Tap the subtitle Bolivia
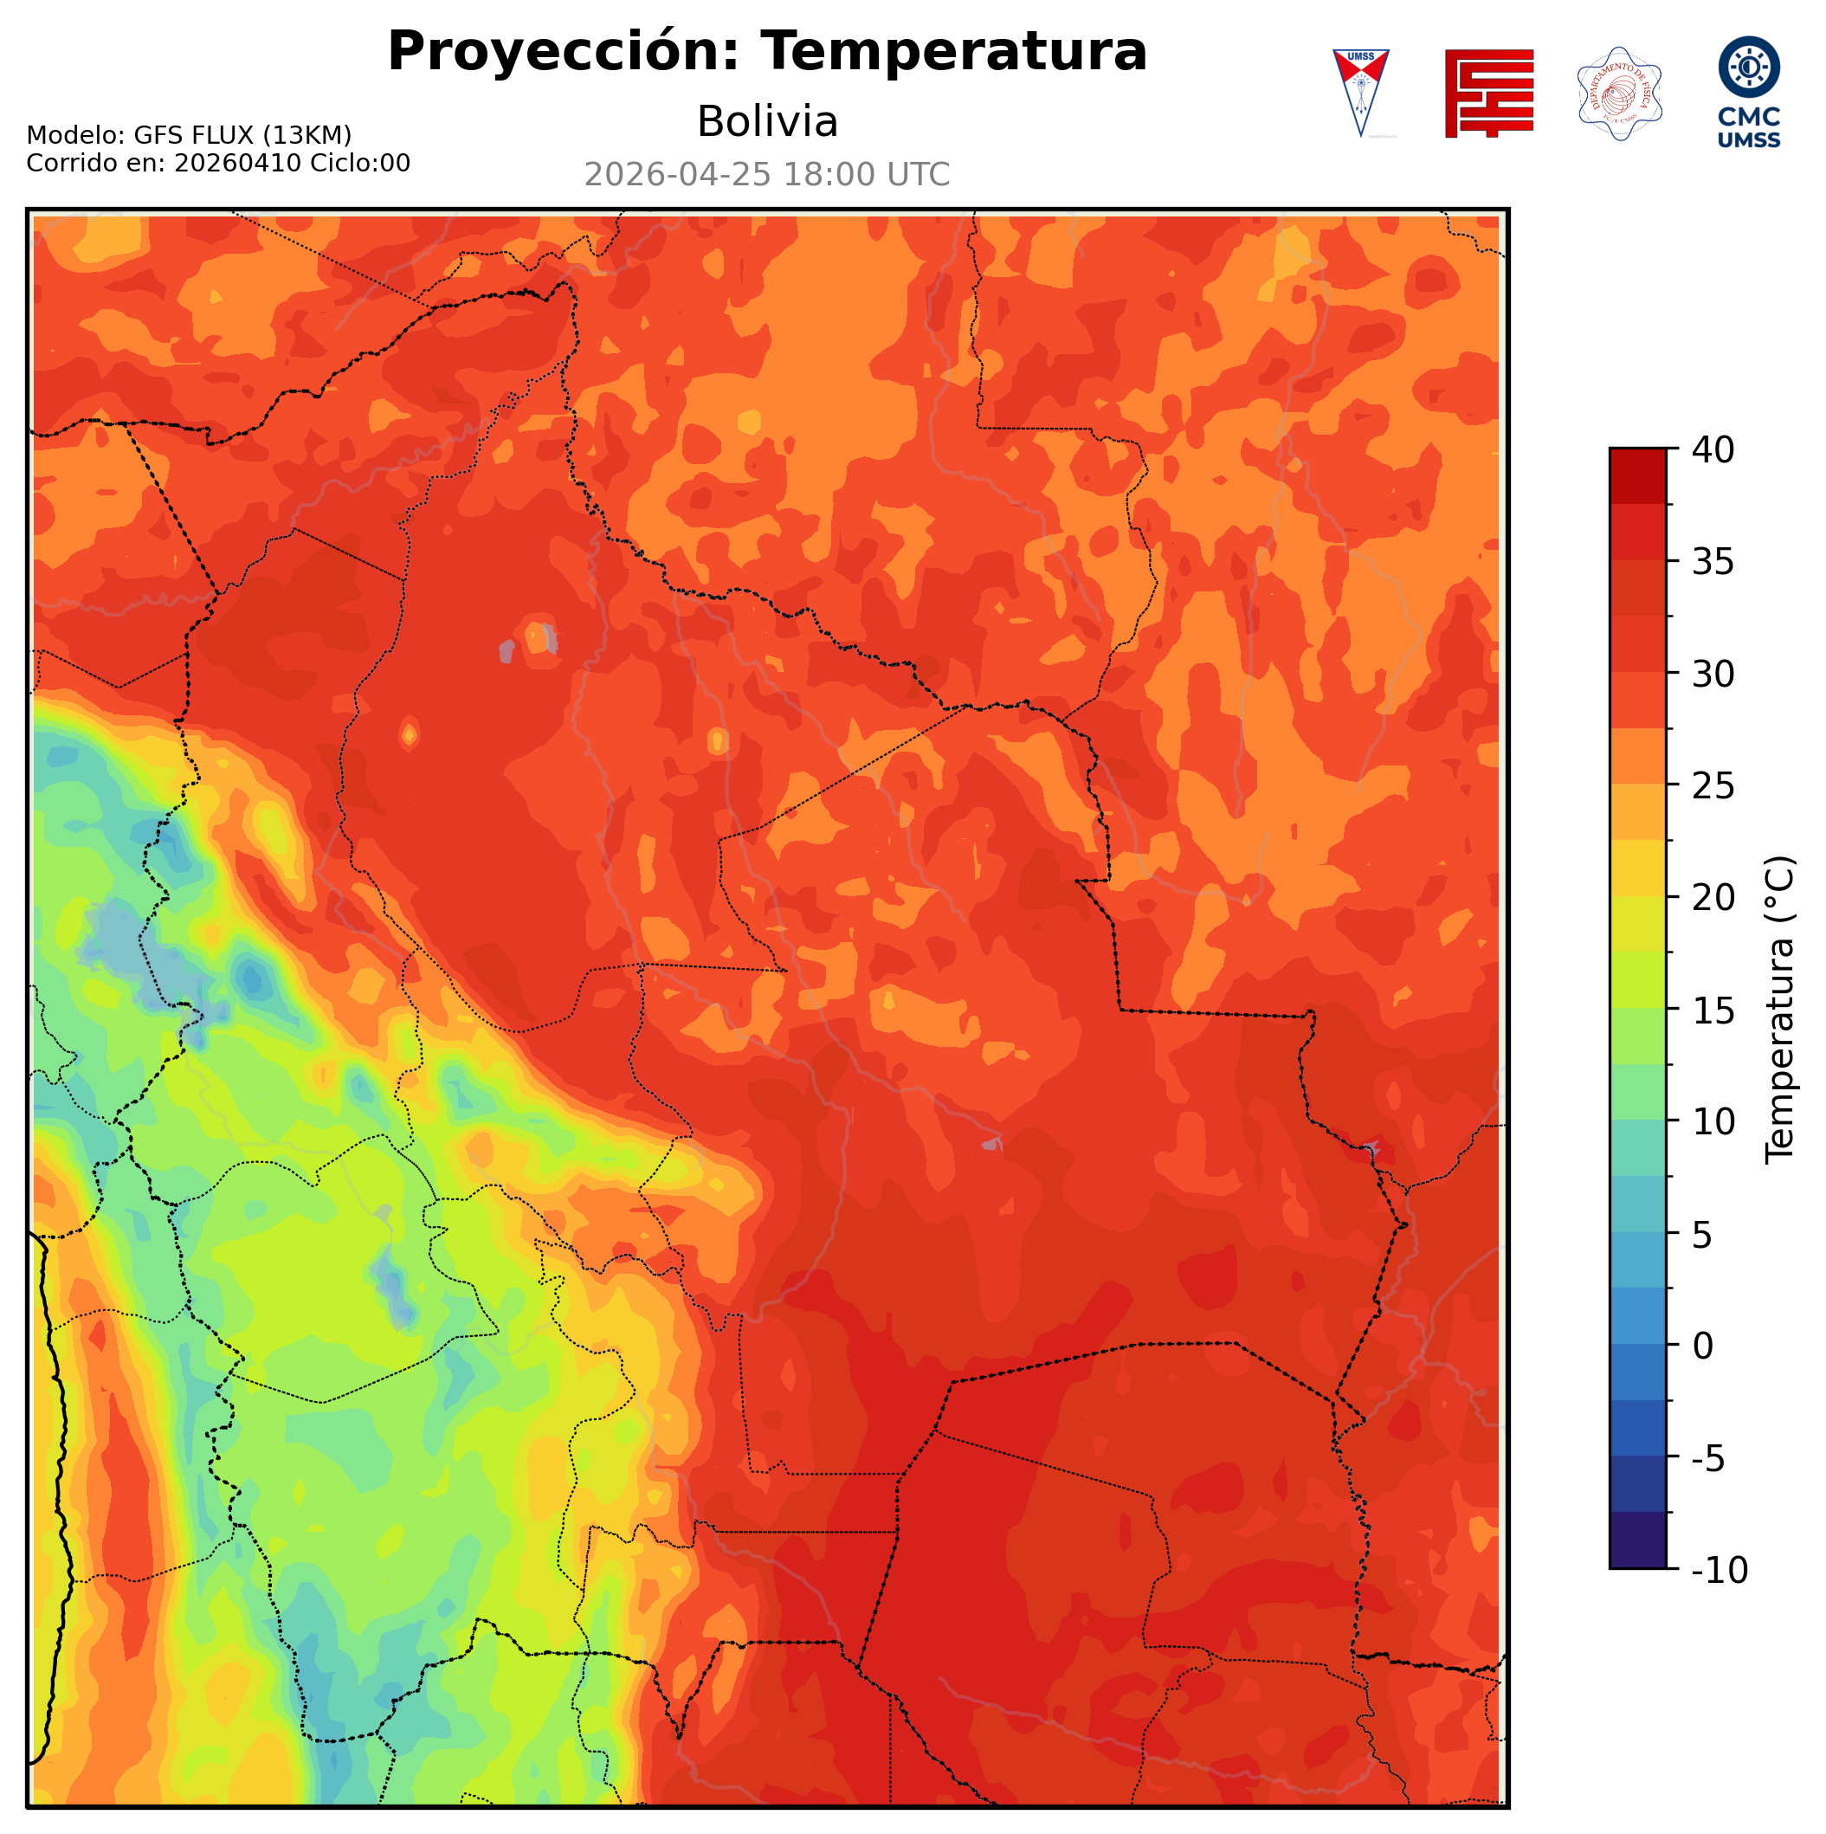tap(767, 122)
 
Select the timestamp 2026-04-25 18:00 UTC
tap(767, 176)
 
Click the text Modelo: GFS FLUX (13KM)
tap(189, 135)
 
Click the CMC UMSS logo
tap(1748, 92)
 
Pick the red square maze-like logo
tap(1488, 93)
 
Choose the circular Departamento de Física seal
tap(1618, 93)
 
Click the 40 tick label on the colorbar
tap(1713, 450)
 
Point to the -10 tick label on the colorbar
tap(1719, 1570)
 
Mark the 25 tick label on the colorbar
tap(1713, 786)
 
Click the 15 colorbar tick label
tap(1713, 1010)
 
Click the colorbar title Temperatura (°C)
tap(1780, 1010)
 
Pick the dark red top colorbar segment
tap(1637, 475)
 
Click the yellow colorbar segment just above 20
tap(1637, 868)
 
